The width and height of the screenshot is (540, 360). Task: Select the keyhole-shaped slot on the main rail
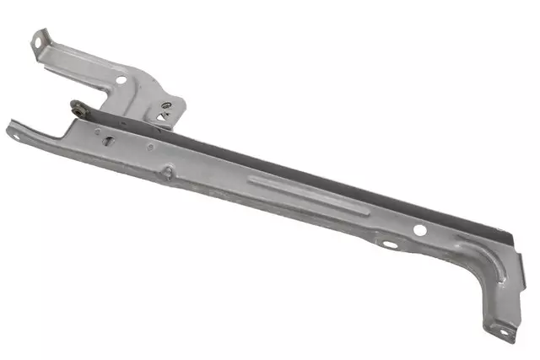108,141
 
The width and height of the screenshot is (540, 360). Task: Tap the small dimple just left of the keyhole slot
97,132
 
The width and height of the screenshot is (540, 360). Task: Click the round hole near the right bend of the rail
419,229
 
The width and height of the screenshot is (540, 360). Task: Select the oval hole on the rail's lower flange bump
389,244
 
